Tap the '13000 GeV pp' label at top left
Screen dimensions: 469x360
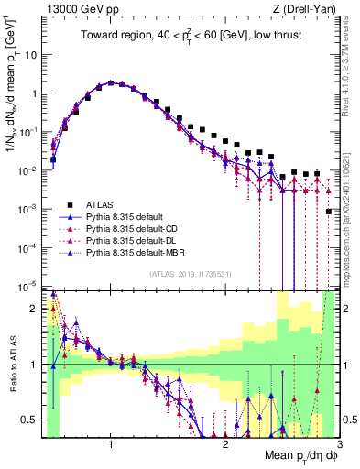78,10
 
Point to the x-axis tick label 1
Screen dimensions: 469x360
111,444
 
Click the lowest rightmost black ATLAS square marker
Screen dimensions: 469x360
329,212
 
